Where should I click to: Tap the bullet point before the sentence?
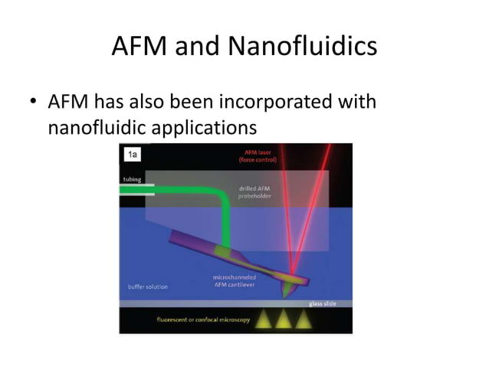coord(33,103)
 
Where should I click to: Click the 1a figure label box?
coord(132,155)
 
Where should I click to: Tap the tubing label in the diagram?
coord(131,179)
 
